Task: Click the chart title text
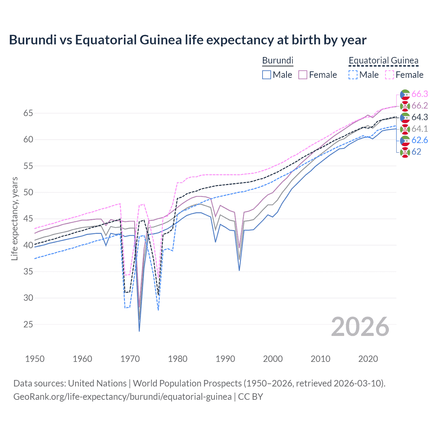(x=187, y=40)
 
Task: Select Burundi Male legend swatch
(x=267, y=75)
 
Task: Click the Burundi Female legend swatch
(x=303, y=75)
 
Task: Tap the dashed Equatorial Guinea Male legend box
(x=353, y=75)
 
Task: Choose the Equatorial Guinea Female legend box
(x=390, y=75)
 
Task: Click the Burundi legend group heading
(x=278, y=60)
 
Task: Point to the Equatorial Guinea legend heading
(x=383, y=60)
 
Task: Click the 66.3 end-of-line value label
(x=420, y=94)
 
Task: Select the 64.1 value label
(x=420, y=129)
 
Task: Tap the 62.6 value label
(x=420, y=140)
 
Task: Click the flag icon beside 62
(x=405, y=152)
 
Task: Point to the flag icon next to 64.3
(x=405, y=117)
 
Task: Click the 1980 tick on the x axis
(x=178, y=359)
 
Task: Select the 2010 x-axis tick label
(x=320, y=359)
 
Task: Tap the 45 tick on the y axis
(x=28, y=219)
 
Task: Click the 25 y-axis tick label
(x=28, y=324)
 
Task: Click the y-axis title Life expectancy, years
(x=14, y=218)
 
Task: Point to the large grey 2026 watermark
(x=360, y=327)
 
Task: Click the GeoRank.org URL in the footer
(x=122, y=397)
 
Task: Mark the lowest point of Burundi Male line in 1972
(x=139, y=331)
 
